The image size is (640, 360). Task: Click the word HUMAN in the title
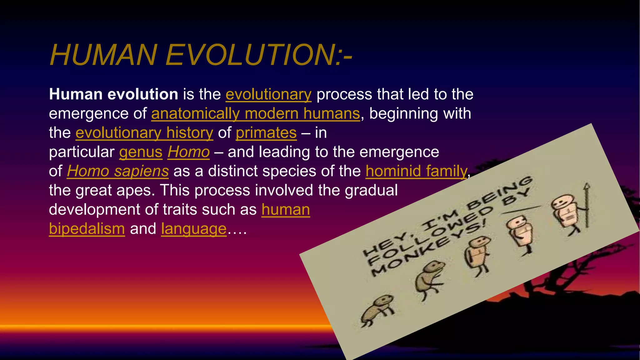(103, 55)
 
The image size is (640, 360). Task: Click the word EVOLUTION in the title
(250, 55)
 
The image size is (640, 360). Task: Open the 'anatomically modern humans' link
(255, 114)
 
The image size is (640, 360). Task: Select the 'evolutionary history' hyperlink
(144, 133)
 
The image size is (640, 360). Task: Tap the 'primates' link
(266, 133)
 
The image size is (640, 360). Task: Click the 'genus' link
(141, 152)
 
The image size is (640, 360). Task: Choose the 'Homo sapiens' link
(117, 171)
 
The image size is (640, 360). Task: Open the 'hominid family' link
(416, 171)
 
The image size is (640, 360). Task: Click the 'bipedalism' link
(87, 229)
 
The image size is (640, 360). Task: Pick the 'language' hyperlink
(194, 229)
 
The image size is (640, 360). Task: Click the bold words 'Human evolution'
(113, 94)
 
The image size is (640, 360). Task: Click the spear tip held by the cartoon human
(587, 187)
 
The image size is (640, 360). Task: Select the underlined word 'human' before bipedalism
(286, 210)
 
